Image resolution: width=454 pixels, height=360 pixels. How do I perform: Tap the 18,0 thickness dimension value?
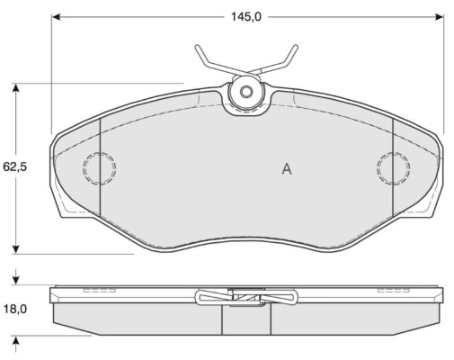(x=15, y=309)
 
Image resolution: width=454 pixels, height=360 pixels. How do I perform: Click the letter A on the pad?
(x=286, y=168)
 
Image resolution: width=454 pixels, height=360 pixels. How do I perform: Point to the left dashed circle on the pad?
(x=99, y=167)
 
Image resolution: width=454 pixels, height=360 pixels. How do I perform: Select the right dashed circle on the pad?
(x=393, y=166)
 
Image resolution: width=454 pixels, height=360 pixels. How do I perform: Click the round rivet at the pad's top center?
(x=245, y=92)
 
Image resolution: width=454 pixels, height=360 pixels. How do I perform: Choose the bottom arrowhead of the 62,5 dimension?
(x=16, y=248)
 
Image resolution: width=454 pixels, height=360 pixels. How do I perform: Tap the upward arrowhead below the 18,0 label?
(x=16, y=340)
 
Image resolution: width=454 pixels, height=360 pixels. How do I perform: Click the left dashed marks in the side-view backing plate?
(x=93, y=291)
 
